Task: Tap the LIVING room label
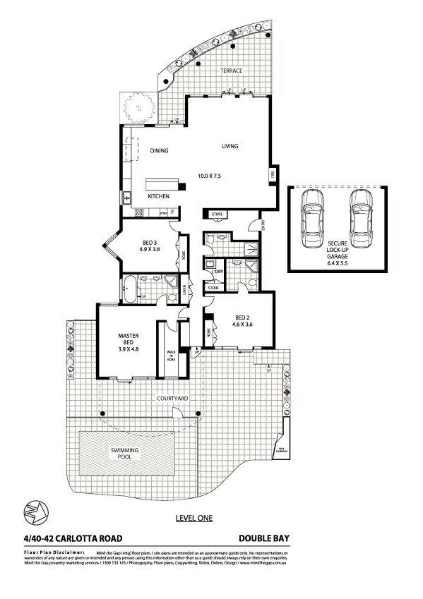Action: point(230,146)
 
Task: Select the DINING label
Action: point(159,150)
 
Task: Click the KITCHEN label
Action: point(158,196)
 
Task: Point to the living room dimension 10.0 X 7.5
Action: point(209,176)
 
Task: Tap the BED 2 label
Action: point(242,317)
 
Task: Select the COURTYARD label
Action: point(172,399)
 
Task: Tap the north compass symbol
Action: point(32,510)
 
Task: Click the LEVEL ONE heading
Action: point(193,518)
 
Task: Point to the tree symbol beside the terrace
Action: point(138,109)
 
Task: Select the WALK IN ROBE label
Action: point(171,354)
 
